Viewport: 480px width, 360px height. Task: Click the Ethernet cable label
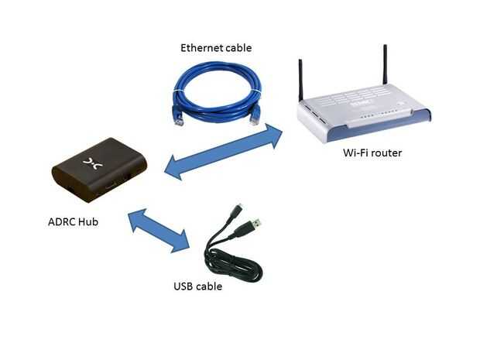coord(216,48)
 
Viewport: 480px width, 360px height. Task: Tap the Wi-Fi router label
coord(372,153)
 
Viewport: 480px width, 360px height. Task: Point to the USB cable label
coord(197,286)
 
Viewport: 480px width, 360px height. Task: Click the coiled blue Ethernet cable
coord(217,89)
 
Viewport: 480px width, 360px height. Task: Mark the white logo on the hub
coord(91,162)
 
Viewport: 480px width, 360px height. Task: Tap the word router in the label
coord(386,153)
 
